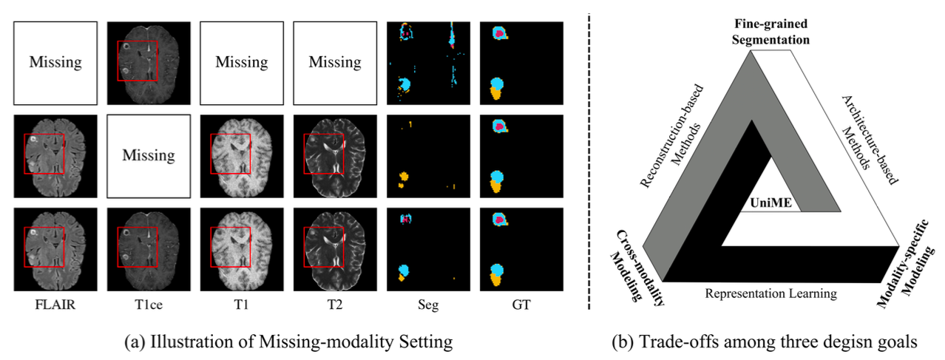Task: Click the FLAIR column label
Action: pyautogui.click(x=55, y=304)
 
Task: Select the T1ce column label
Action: pyautogui.click(x=149, y=304)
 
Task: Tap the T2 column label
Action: pyautogui.click(x=334, y=304)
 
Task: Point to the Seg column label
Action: pyautogui.click(x=427, y=304)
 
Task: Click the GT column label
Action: pyautogui.click(x=521, y=304)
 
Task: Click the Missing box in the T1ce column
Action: pyautogui.click(x=149, y=156)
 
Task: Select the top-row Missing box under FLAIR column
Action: pyautogui.click(x=55, y=62)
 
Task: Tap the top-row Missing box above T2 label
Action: pyautogui.click(x=335, y=62)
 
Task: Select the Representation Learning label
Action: pyautogui.click(x=771, y=293)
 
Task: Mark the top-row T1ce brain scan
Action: pyautogui.click(x=149, y=62)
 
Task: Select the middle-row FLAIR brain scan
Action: pyautogui.click(x=55, y=156)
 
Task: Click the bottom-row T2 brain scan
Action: pyautogui.click(x=335, y=249)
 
